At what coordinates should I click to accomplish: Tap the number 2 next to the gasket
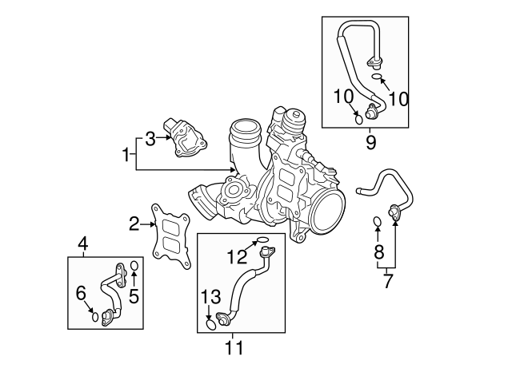(134, 224)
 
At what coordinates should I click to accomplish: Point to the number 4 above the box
(82, 243)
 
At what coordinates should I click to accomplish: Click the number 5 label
(134, 295)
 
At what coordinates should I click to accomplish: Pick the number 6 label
(81, 293)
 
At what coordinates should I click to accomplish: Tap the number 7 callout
(388, 280)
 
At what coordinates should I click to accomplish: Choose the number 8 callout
(379, 253)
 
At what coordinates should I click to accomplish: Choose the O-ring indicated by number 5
(134, 266)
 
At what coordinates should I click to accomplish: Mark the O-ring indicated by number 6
(94, 316)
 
